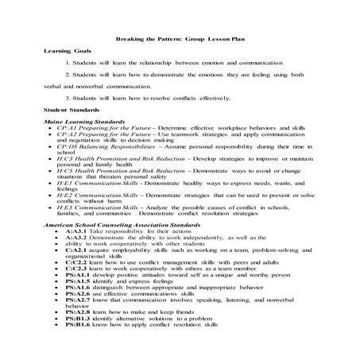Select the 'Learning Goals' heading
point(64,49)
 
